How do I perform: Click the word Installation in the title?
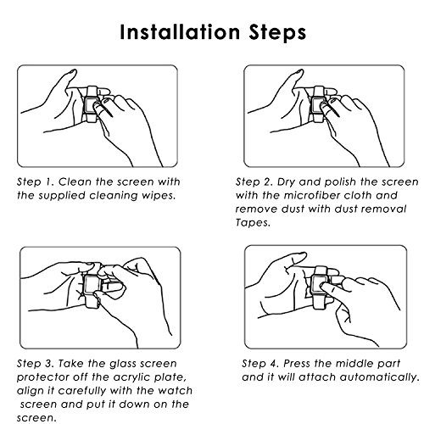click(180, 32)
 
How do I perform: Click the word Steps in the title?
click(277, 33)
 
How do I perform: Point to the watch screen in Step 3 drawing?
click(91, 284)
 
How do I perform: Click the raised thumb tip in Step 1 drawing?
click(72, 72)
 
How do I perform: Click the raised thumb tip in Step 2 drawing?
click(298, 72)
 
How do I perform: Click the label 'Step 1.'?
click(35, 182)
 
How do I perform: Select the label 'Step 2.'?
click(254, 182)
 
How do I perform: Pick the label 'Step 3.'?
click(35, 364)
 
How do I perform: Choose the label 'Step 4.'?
click(260, 364)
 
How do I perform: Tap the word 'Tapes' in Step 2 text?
click(253, 223)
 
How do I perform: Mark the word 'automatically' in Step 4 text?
click(380, 377)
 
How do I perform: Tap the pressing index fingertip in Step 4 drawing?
click(326, 287)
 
